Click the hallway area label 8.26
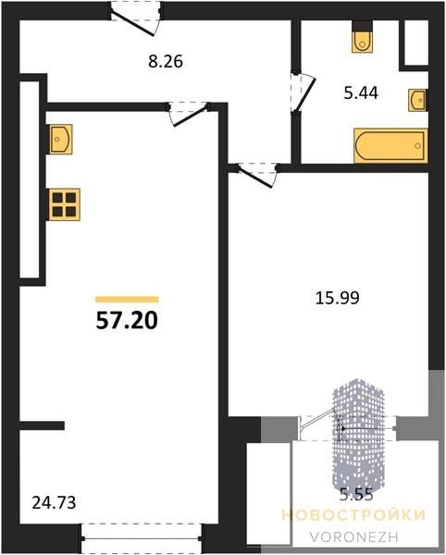(166, 62)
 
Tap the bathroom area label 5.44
(361, 92)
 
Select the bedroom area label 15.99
(338, 298)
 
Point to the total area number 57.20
(127, 321)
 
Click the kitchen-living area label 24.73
(54, 502)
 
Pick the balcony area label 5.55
(356, 494)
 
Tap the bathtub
(390, 146)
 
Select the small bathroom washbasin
(418, 100)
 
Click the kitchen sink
(59, 139)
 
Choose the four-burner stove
(64, 204)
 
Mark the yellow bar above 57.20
(127, 300)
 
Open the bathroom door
(302, 93)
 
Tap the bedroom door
(257, 175)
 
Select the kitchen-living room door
(188, 114)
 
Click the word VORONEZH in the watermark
(354, 536)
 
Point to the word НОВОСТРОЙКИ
(354, 514)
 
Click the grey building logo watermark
(357, 436)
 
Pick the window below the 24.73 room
(142, 538)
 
